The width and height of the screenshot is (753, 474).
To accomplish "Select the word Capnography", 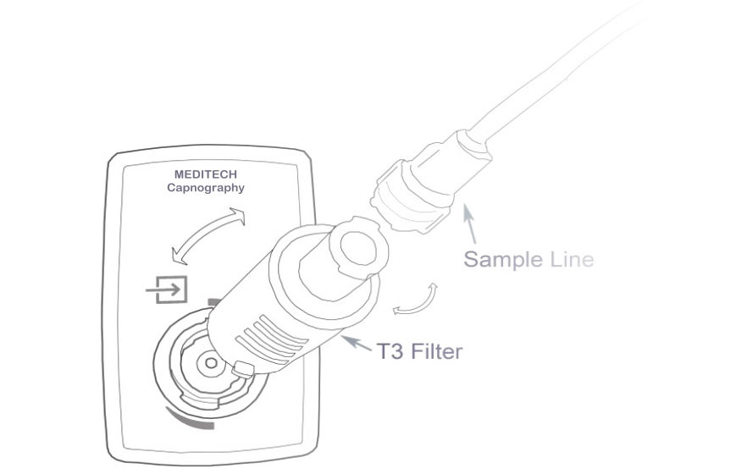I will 205,188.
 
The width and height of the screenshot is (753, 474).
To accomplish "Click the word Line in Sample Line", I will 569,259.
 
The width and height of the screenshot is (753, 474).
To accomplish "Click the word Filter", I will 437,350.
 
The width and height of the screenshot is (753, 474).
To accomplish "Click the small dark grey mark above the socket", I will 213,300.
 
